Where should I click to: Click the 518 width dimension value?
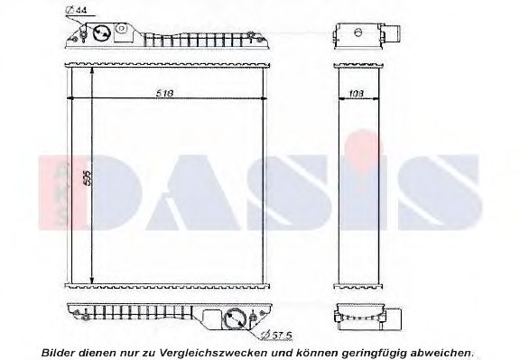163,93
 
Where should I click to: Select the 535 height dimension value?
87,180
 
